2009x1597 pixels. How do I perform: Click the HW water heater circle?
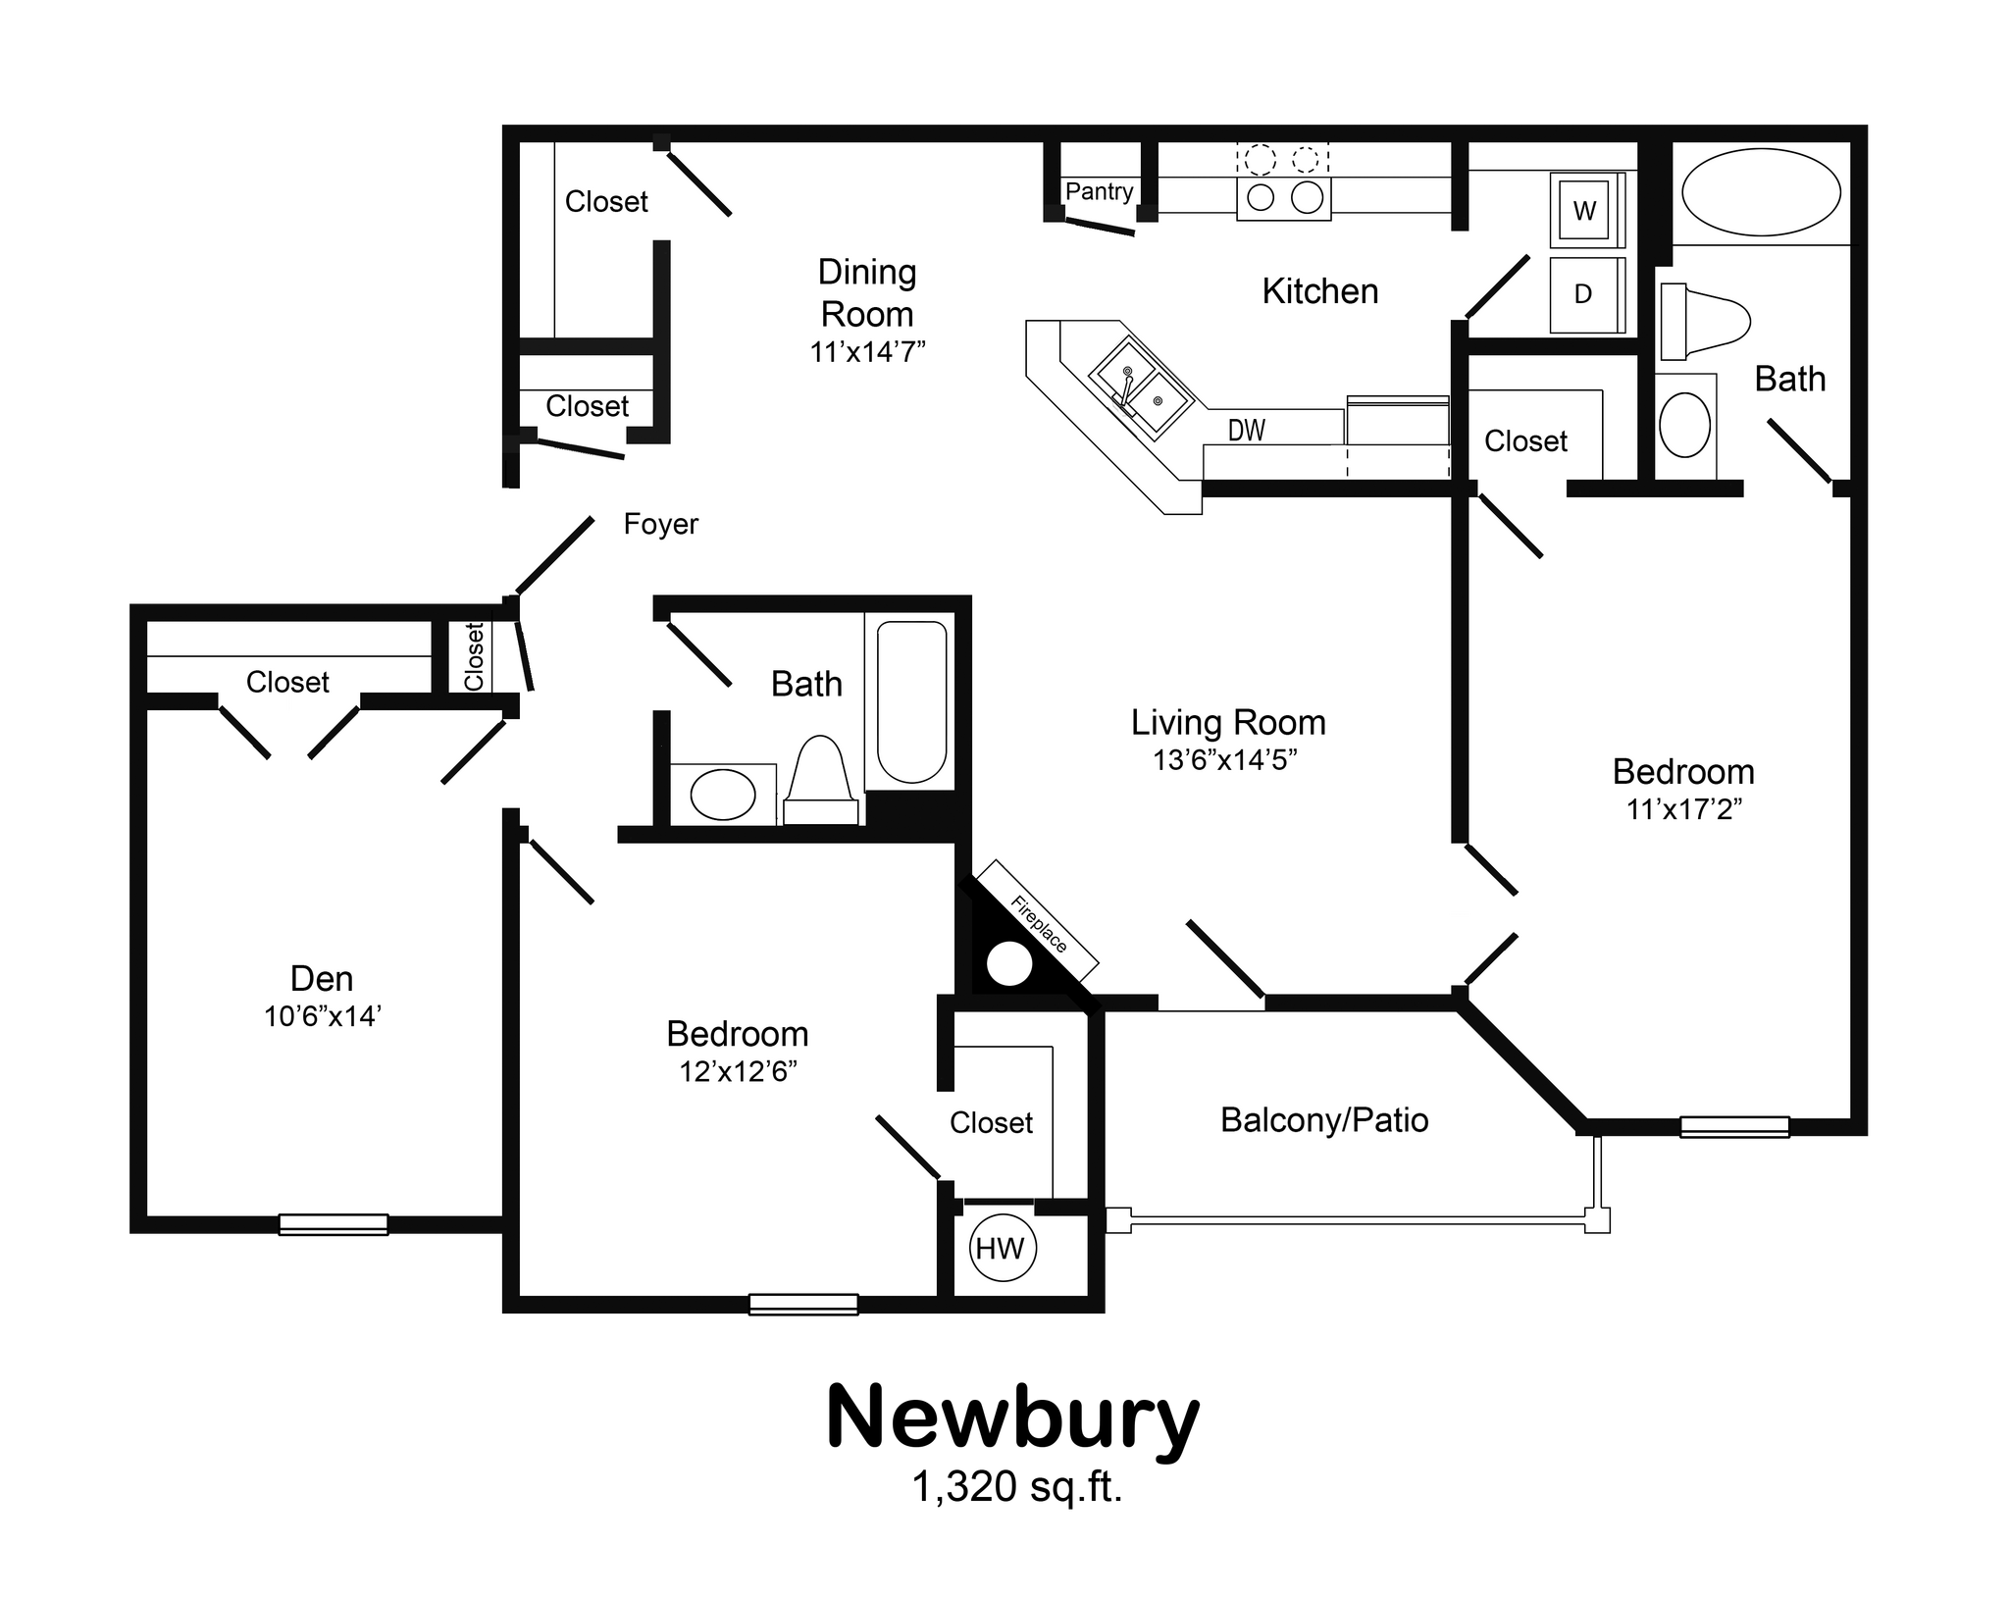(1002, 1249)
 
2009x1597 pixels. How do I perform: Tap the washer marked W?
(1584, 210)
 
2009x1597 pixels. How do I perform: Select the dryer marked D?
(1582, 294)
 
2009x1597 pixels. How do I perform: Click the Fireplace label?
(1039, 923)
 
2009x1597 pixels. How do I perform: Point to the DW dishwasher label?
(1247, 430)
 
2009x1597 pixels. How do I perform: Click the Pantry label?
(1099, 191)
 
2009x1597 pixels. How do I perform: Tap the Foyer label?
(660, 524)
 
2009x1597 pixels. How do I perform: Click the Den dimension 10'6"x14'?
(322, 1016)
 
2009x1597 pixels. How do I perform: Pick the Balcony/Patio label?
(1323, 1120)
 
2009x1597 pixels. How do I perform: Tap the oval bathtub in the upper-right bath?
(1761, 192)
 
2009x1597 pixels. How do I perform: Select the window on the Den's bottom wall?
(334, 1223)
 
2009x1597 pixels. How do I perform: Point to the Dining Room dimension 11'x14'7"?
(867, 352)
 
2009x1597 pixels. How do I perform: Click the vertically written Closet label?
(475, 656)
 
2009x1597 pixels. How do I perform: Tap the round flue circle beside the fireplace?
(1009, 964)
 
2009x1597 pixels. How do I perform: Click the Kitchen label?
(1319, 291)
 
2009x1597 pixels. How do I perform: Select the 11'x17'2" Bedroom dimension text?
(1683, 809)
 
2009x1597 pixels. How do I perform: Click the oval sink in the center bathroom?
(723, 795)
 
